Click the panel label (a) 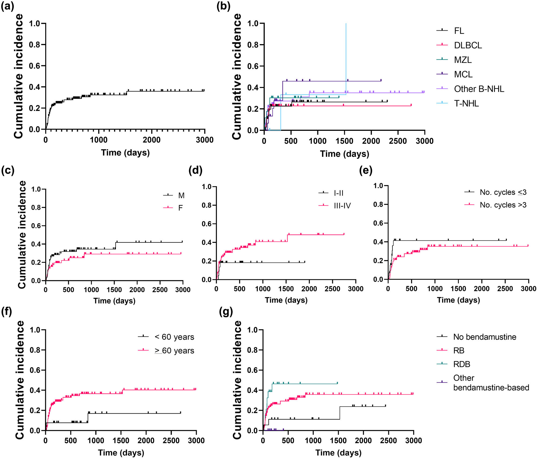(7, 6)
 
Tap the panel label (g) (226, 312)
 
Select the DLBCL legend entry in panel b (468, 45)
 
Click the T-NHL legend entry (466, 103)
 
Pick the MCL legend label (463, 74)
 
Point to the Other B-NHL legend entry (479, 89)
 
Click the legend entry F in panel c (180, 208)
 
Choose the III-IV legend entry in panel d (342, 206)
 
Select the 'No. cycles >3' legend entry (503, 205)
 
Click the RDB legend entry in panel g (462, 364)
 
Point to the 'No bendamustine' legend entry (485, 337)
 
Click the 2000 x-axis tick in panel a (152, 140)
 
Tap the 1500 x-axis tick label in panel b (344, 141)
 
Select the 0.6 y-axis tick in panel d (206, 224)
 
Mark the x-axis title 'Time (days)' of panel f (121, 453)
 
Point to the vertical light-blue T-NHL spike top (346, 24)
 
